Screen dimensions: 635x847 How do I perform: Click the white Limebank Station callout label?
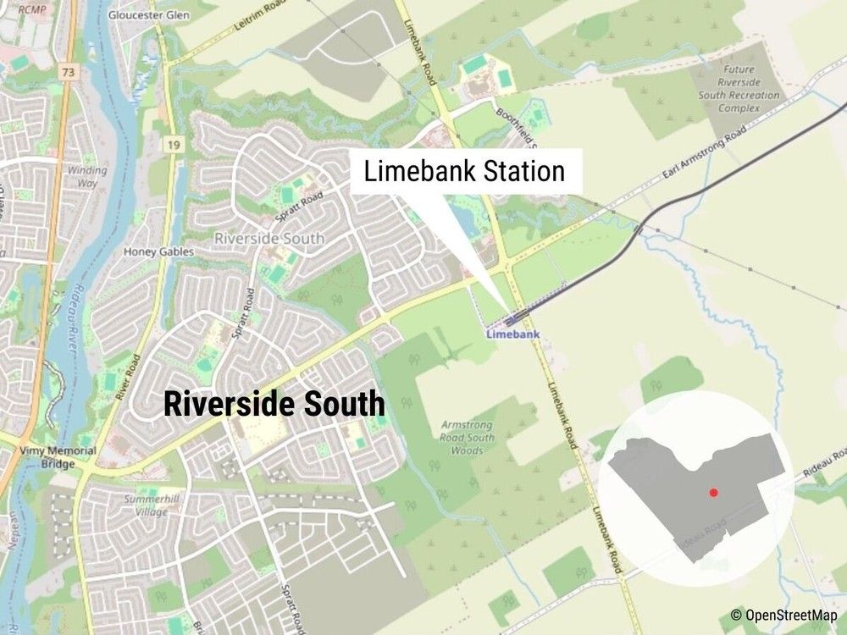464,172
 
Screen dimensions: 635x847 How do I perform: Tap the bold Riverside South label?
274,404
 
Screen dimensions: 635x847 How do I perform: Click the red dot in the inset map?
714,491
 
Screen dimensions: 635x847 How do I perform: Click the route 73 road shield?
69,73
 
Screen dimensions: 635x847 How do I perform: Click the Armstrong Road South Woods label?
462,438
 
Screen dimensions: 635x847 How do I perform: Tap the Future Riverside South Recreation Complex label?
737,89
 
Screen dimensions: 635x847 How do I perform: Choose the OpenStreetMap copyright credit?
785,615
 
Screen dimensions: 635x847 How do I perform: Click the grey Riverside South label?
269,239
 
